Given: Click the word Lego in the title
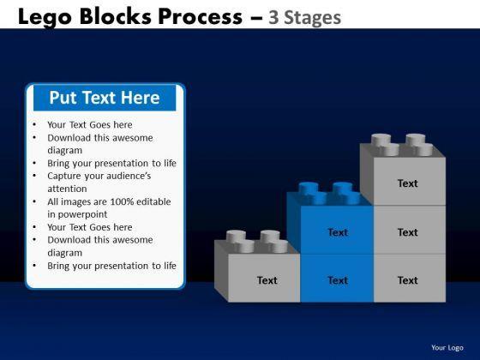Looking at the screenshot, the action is [45, 17].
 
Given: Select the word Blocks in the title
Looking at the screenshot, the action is [116, 16].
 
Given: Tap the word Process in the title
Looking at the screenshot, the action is [201, 16].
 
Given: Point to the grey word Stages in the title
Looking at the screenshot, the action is [313, 18].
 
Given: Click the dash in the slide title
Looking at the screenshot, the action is [256, 18].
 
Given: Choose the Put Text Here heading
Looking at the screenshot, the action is [105, 98].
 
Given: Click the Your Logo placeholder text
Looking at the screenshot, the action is [447, 348].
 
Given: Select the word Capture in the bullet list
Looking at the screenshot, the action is [64, 177].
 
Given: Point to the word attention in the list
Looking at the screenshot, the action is [67, 189].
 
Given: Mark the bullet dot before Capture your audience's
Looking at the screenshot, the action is [34, 176].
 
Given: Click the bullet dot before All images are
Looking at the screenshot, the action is [34, 201].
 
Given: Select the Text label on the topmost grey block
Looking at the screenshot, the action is [407, 183].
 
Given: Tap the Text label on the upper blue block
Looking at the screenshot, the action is [338, 232].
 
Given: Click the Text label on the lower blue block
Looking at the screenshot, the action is [338, 280].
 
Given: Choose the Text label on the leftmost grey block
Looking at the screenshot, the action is [267, 280].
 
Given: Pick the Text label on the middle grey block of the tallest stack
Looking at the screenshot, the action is [407, 232].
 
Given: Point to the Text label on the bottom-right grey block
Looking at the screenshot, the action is [407, 280].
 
